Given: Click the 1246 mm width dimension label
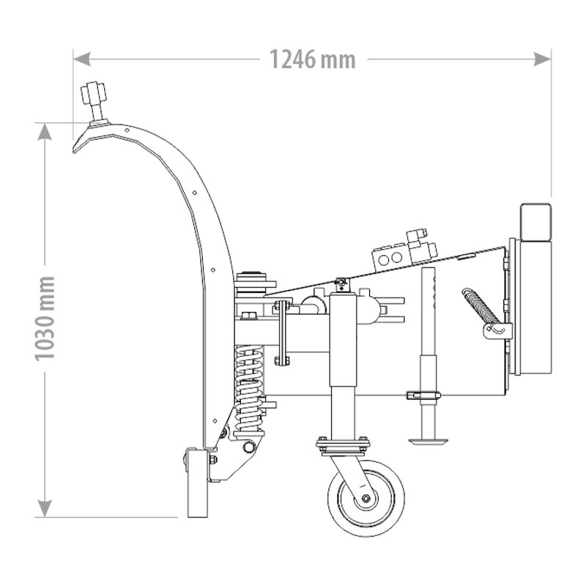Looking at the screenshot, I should (x=312, y=59).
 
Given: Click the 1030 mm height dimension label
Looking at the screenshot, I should (x=45, y=319).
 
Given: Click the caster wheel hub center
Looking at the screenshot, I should (x=366, y=499).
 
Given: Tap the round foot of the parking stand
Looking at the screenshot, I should (x=429, y=440).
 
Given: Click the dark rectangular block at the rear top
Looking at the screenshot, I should (x=535, y=220).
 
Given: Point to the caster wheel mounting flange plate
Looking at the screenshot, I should (x=342, y=445).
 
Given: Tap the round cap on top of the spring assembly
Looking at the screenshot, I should (x=251, y=278).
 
